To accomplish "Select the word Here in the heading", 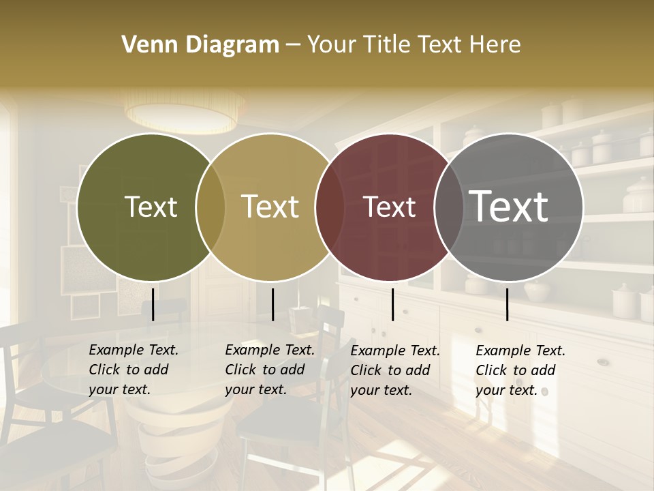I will coord(497,45).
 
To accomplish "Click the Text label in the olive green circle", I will coord(151,207).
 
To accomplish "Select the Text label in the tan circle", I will coord(270,207).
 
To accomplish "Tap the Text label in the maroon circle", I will coord(389,207).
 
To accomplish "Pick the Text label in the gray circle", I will coord(509,206).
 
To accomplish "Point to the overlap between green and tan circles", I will coord(211,207).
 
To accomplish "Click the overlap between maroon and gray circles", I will coord(449,207).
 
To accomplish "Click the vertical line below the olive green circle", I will coord(153,304).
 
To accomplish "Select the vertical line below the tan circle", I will coord(272,304).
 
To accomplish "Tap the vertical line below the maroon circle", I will coord(392,304).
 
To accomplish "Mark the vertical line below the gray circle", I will coord(507,304).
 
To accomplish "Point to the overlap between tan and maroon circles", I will coord(330,207).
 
